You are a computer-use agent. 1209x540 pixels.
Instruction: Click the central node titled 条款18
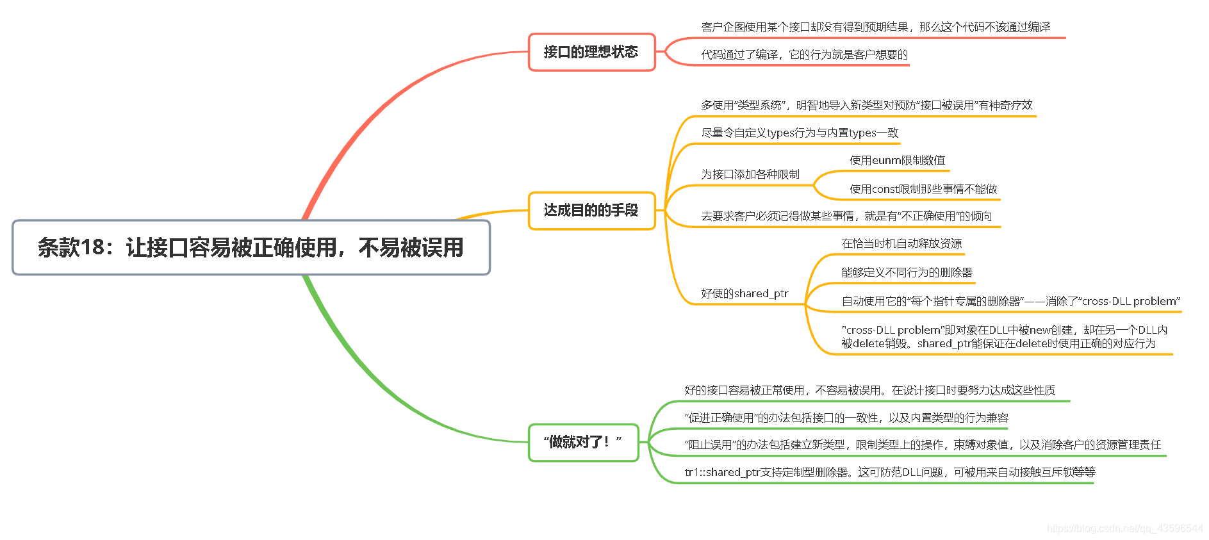click(251, 248)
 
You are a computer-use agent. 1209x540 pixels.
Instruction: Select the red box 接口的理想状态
click(591, 52)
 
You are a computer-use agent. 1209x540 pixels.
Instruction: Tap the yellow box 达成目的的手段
click(591, 210)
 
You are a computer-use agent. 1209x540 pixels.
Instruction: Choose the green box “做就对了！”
click(583, 442)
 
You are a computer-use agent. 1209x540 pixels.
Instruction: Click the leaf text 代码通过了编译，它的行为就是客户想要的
click(804, 55)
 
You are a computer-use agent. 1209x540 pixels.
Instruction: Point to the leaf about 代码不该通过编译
click(875, 27)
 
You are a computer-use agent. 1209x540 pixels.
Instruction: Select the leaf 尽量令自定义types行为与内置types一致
click(800, 133)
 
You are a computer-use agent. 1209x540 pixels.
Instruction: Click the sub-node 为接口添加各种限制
click(750, 174)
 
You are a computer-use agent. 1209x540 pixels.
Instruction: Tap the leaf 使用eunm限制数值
click(897, 161)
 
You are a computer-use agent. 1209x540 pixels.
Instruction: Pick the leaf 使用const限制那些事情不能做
click(923, 190)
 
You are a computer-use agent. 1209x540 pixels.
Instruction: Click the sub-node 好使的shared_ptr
click(744, 294)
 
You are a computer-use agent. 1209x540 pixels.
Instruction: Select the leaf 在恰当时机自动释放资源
click(901, 244)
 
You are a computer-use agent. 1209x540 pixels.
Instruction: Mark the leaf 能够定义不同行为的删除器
click(907, 273)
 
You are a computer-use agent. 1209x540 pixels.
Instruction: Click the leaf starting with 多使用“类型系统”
click(866, 106)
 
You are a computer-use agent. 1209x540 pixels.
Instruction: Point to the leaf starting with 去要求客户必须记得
click(846, 217)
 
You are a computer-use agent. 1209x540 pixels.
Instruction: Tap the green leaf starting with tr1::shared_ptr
click(889, 473)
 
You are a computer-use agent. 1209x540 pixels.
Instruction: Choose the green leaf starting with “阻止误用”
click(923, 445)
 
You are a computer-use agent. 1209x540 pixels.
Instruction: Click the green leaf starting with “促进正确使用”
click(846, 418)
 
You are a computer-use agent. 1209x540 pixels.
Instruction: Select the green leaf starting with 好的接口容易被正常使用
click(869, 391)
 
